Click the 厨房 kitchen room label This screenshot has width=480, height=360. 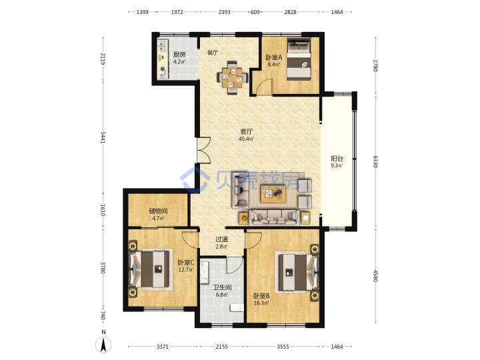[179, 55]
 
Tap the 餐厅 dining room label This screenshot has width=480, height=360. [213, 53]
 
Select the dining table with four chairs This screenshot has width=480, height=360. [232, 78]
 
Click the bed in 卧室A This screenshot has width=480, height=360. [299, 59]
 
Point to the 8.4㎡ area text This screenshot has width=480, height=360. [274, 65]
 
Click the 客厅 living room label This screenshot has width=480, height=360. [247, 131]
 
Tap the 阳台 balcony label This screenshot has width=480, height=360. [337, 159]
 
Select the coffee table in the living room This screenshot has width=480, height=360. [273, 194]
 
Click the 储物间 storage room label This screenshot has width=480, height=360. [158, 211]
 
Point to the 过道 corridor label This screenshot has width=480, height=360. [221, 239]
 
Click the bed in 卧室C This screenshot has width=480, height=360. [149, 269]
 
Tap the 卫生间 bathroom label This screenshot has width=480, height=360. [222, 287]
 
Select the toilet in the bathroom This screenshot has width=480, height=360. [237, 307]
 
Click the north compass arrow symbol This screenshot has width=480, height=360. [104, 345]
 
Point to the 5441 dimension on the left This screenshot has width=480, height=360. [103, 137]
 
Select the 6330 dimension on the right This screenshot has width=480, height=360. [375, 161]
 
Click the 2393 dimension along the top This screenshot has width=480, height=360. [224, 12]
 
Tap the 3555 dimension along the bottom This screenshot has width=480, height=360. [283, 347]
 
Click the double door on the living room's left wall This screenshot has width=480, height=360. [203, 150]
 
